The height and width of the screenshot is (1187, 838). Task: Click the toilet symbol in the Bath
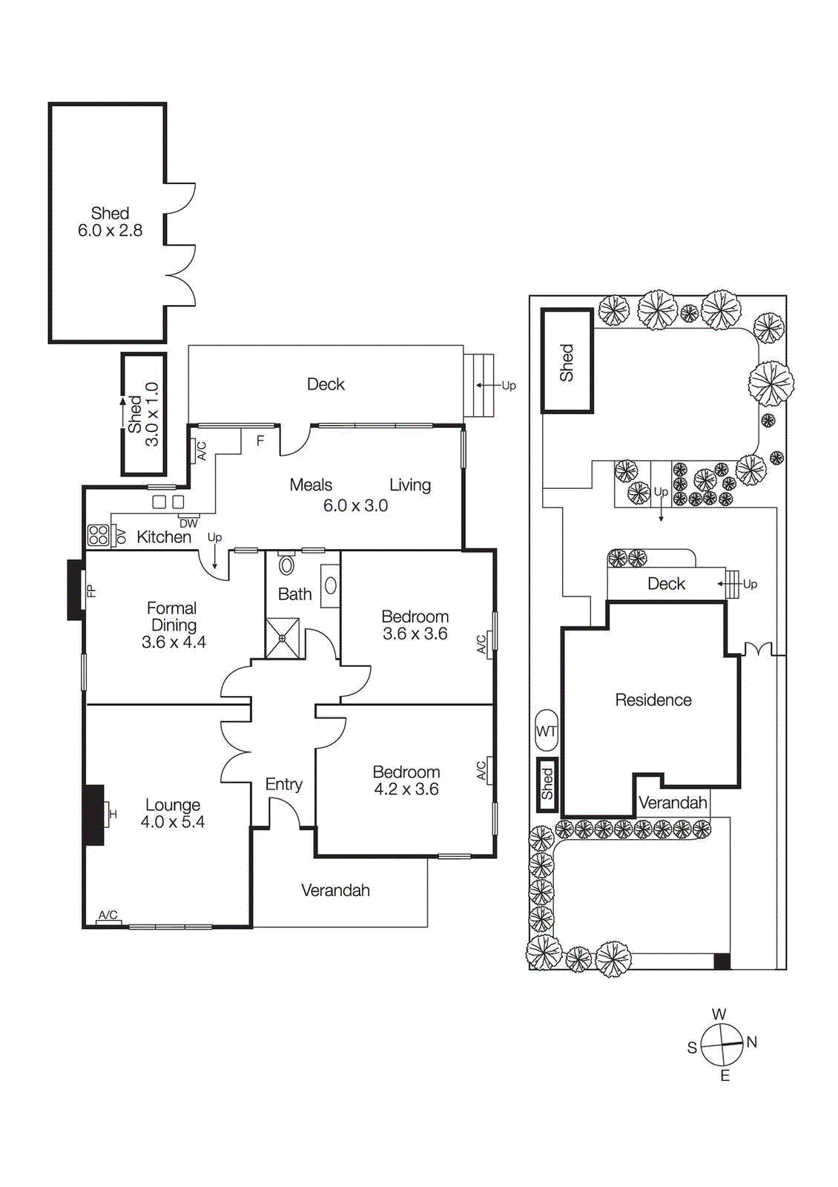pos(286,565)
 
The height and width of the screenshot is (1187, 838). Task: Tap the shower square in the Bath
pos(283,638)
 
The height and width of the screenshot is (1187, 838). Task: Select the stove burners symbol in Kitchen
pos(99,535)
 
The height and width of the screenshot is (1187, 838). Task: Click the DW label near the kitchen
pos(188,523)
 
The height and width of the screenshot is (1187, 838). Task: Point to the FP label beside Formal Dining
pos(92,591)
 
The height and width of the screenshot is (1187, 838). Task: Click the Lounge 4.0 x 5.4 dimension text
pos(173,822)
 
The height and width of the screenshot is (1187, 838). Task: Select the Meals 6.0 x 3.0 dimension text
pos(355,505)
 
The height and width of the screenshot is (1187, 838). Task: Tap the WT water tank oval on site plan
pos(546,731)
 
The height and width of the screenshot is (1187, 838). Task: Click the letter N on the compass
pos(752,1042)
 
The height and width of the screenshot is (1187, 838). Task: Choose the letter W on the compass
pos(719,1014)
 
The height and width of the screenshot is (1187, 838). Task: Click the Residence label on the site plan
pos(653,700)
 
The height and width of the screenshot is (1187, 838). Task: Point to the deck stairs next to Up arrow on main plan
pos(479,385)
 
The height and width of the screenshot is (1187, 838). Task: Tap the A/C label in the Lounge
pos(108,915)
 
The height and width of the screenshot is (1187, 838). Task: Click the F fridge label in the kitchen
pos(260,441)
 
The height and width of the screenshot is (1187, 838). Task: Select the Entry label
pos(283,784)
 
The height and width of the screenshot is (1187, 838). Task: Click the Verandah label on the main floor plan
pos(335,890)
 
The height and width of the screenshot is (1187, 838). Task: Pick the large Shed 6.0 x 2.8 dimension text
pos(110,231)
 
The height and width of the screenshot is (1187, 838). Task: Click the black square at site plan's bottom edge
pos(722,961)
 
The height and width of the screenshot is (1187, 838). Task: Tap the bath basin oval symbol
pos(331,585)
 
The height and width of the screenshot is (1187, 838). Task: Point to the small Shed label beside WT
pos(547,784)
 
